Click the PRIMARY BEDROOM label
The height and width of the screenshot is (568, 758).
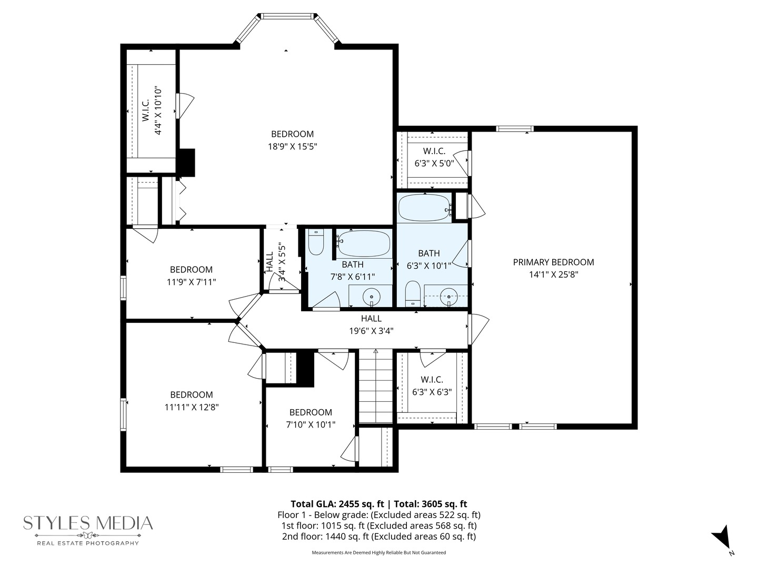(x=553, y=262)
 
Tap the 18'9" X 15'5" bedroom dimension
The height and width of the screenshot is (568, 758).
(x=293, y=147)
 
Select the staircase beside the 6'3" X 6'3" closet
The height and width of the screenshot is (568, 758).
(x=376, y=386)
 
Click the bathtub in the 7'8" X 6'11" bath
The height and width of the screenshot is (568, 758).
(x=364, y=243)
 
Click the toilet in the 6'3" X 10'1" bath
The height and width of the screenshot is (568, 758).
(x=412, y=293)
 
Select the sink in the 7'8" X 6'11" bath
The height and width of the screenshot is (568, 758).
(x=372, y=297)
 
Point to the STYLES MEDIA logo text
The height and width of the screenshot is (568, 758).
(x=88, y=523)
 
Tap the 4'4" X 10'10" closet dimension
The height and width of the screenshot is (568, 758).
(x=158, y=110)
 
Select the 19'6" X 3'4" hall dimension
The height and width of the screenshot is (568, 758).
(x=371, y=331)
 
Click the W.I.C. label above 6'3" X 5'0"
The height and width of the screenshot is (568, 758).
(x=434, y=151)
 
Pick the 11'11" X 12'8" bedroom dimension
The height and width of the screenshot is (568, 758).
(x=192, y=407)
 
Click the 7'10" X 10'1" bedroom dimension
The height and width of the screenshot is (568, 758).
(x=311, y=424)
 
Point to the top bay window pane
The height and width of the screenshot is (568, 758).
(x=287, y=16)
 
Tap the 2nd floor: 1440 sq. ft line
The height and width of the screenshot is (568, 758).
(x=379, y=536)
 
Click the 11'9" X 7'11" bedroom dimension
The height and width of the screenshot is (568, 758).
(x=191, y=282)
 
